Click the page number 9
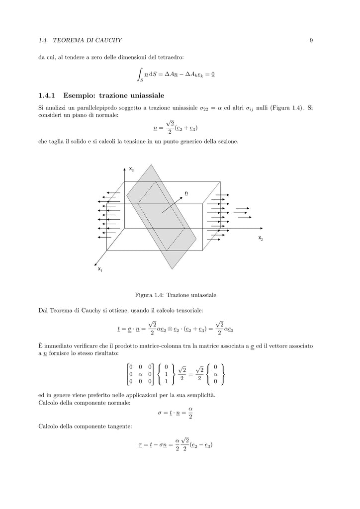coord(311,40)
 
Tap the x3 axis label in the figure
coord(131,170)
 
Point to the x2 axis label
coord(261,239)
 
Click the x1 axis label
coord(100,269)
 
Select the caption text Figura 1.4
coord(148,295)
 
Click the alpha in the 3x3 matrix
coord(140,374)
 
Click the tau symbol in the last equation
coord(141,445)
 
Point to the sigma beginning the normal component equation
coord(159,413)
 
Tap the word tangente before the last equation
coord(120,426)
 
